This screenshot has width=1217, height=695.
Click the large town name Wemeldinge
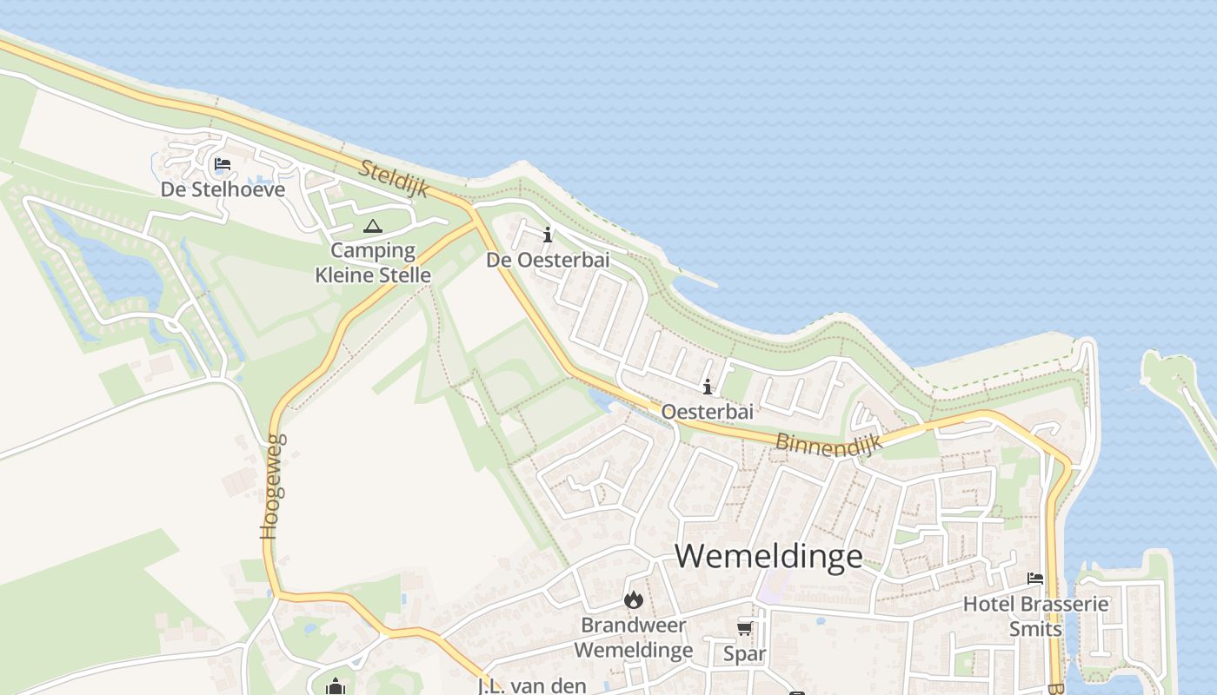[x=768, y=556]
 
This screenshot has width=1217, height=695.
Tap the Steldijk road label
[x=394, y=178]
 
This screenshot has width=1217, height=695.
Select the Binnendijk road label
[x=828, y=443]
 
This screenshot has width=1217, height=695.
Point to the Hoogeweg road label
[x=273, y=486]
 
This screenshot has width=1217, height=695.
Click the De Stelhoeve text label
[x=223, y=189]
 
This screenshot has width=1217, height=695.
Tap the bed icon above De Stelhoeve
[x=223, y=163]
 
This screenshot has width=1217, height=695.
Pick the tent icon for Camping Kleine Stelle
[x=372, y=227]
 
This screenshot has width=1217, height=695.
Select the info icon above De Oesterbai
[x=547, y=235]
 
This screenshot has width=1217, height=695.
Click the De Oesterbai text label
[x=547, y=260]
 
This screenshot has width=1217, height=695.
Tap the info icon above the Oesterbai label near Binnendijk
[x=708, y=387]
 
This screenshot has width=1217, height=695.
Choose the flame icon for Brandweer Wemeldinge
[x=633, y=599]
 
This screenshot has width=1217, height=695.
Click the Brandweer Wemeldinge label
[x=633, y=638]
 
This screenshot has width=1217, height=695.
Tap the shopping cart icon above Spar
[x=744, y=628]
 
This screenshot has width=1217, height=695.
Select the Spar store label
[x=744, y=653]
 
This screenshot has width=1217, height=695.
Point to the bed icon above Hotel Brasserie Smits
[x=1034, y=579]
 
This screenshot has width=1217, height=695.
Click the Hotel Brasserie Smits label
[x=1035, y=616]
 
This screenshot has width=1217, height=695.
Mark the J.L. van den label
[x=532, y=685]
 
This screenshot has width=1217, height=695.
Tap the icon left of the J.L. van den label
[x=336, y=687]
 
